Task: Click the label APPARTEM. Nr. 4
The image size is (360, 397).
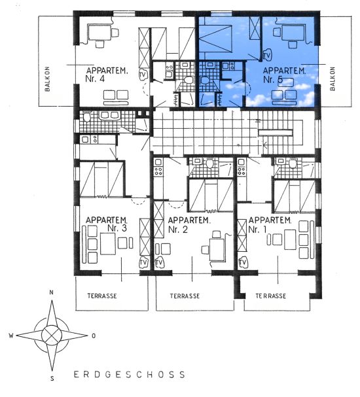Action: (x=107, y=75)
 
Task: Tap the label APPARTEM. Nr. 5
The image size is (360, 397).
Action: (x=284, y=75)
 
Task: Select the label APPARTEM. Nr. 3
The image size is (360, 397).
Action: (x=107, y=224)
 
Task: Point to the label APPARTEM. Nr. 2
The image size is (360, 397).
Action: (x=189, y=224)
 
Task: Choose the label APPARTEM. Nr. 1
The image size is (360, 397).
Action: (x=270, y=224)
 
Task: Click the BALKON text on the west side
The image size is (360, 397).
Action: (x=47, y=78)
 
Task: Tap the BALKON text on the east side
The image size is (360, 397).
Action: (x=333, y=78)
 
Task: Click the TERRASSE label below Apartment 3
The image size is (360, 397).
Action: (x=102, y=296)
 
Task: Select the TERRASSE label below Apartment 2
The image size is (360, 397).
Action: (x=185, y=296)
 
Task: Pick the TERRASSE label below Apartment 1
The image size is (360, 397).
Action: (x=271, y=296)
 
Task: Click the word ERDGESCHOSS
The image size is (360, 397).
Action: (x=130, y=375)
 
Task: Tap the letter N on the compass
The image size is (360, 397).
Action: (x=52, y=293)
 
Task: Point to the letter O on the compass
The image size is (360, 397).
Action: (x=94, y=336)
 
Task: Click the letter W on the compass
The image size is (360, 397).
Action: (x=11, y=336)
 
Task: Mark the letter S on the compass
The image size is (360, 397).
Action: (x=52, y=379)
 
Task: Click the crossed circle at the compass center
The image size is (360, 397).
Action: (x=52, y=336)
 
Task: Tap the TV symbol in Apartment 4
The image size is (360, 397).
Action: (x=143, y=75)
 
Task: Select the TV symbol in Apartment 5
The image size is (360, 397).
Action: (x=266, y=55)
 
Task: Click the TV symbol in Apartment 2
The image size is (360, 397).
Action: (x=159, y=263)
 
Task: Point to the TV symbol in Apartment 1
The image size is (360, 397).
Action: (x=243, y=262)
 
